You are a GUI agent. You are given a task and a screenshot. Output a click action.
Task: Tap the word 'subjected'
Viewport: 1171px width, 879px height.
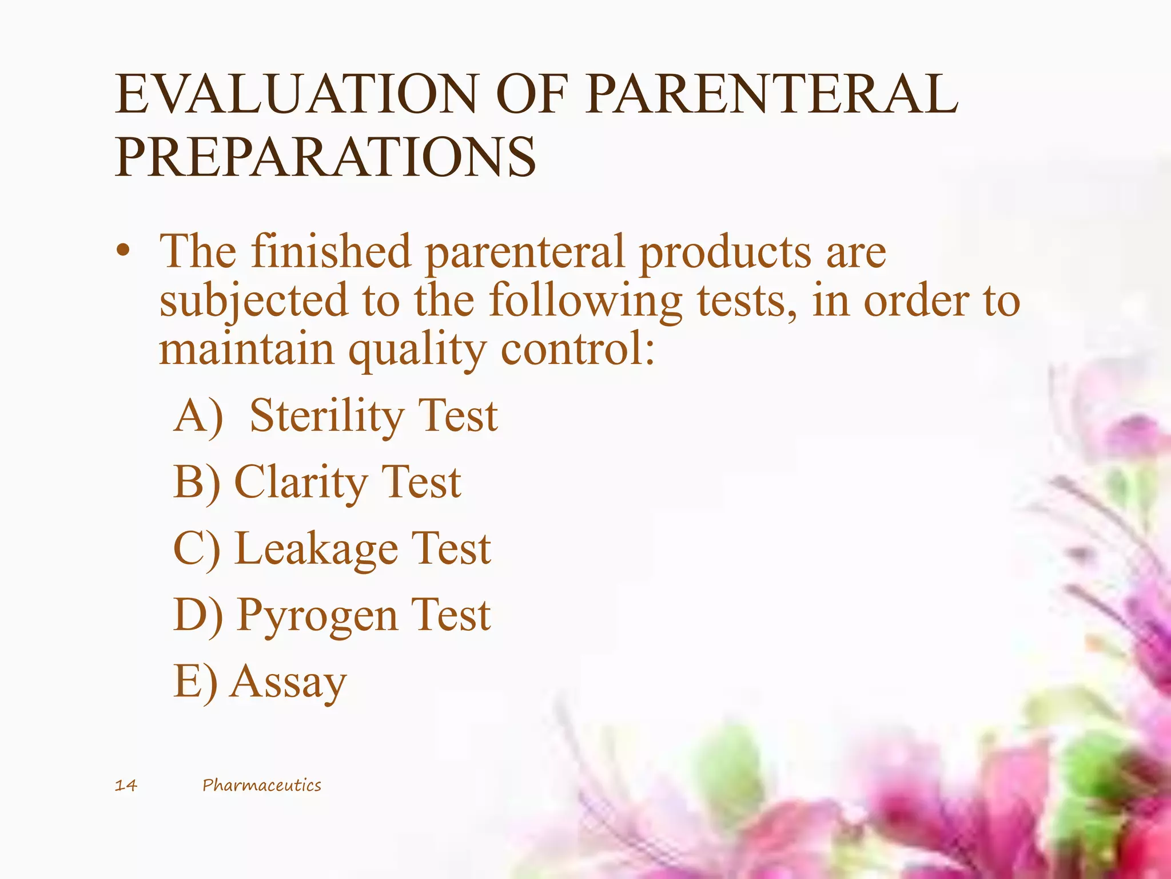click(x=253, y=302)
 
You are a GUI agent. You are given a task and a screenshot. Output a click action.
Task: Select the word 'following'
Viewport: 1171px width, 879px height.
click(x=585, y=302)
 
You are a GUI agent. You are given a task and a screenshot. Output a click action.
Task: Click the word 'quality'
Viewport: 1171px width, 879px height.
click(x=417, y=350)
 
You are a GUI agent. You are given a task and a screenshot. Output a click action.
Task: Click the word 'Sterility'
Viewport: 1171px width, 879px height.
click(x=325, y=416)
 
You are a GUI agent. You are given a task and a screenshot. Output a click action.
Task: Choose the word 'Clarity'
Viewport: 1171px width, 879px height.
click(x=300, y=483)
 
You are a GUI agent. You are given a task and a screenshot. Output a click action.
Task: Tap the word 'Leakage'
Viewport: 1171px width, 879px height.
click(x=316, y=549)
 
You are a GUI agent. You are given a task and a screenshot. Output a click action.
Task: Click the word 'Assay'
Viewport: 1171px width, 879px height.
click(x=288, y=683)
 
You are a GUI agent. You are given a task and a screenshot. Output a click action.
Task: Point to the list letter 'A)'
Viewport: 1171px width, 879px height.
click(x=198, y=416)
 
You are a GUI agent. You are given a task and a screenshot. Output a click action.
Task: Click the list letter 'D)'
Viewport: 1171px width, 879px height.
click(x=197, y=616)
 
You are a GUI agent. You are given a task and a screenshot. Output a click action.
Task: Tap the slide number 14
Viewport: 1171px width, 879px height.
click(x=126, y=785)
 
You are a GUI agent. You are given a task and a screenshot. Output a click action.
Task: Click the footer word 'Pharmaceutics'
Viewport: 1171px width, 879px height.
click(x=262, y=785)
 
